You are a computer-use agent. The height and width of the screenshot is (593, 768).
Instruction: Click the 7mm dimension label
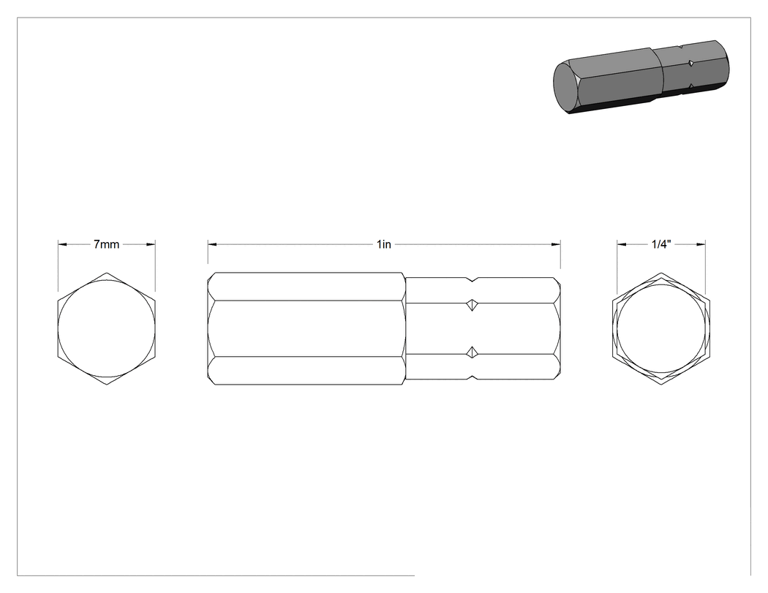106,244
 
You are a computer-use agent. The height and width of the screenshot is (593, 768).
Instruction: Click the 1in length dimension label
384,244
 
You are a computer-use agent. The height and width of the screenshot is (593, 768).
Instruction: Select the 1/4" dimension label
661,244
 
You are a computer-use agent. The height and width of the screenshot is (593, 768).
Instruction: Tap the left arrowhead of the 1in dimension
212,244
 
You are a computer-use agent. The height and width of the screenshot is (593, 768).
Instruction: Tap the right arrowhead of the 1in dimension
556,244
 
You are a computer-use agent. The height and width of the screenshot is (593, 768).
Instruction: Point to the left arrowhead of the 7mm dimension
63,244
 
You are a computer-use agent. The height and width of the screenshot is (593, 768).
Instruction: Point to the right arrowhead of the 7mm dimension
151,244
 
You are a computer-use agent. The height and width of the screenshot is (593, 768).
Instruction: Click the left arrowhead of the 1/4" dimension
622,244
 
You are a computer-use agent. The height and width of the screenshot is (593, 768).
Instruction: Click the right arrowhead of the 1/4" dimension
701,244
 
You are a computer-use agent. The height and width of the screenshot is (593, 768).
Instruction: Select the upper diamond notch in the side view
472,304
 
